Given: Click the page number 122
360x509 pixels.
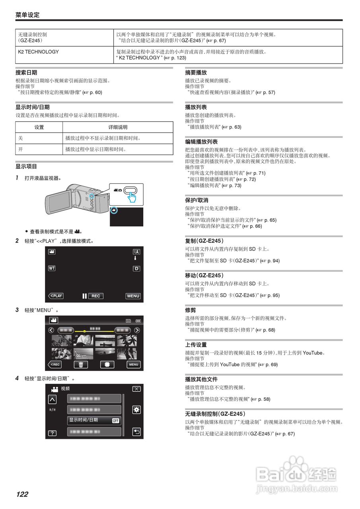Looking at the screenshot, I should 22,494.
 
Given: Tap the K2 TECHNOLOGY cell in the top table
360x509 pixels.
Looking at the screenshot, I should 38,52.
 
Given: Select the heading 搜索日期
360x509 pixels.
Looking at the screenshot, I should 26,73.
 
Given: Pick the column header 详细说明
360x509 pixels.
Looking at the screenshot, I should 118,127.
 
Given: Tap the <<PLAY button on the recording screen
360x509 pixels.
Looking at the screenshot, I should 56,296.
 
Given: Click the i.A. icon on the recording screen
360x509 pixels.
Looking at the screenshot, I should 136,252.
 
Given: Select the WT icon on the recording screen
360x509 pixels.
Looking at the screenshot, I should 52,268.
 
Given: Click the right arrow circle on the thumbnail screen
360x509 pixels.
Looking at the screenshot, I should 137,330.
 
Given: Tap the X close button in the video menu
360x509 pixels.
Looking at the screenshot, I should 136,389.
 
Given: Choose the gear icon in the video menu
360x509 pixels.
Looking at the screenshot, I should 136,410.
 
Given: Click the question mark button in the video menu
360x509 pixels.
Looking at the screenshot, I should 52,433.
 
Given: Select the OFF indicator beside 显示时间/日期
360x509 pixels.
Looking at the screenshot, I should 115,421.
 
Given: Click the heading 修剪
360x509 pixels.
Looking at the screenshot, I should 191,310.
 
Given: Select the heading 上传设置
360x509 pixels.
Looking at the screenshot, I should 196,345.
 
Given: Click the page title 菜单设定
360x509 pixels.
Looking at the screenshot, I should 27,15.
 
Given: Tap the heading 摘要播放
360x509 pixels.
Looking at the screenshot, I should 196,73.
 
